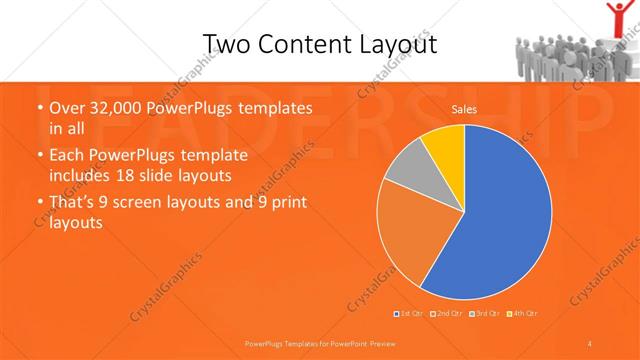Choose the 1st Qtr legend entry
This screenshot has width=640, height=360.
[x=409, y=314]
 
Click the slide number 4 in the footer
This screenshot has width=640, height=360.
[x=590, y=343]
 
